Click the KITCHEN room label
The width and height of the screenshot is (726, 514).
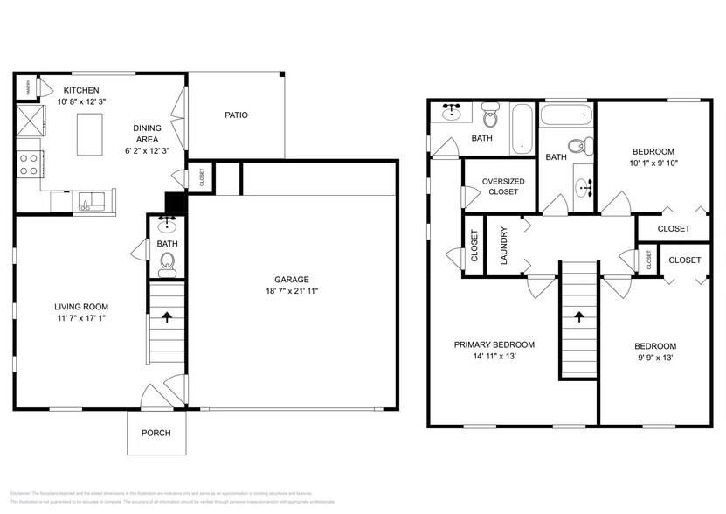pyautogui.click(x=80, y=90)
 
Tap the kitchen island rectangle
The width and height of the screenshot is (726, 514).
pyautogui.click(x=89, y=135)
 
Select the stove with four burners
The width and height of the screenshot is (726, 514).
pyautogui.click(x=29, y=163)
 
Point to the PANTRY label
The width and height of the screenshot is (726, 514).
pyautogui.click(x=28, y=87)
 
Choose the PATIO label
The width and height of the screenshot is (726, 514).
pyautogui.click(x=236, y=115)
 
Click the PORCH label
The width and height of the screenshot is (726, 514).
pyautogui.click(x=156, y=433)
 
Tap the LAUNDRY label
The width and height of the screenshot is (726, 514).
pyautogui.click(x=504, y=246)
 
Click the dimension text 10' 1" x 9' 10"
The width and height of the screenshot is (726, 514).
pyautogui.click(x=653, y=162)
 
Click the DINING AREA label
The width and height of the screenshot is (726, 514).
pyautogui.click(x=147, y=134)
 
